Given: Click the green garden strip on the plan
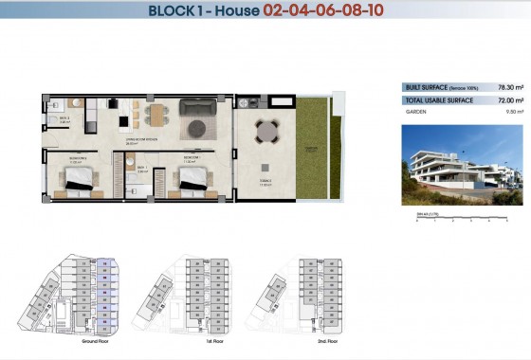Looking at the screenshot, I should [x=310, y=146].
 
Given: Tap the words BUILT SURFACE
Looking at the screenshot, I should [x=426, y=87].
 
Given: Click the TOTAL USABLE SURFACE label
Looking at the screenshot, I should [x=438, y=99].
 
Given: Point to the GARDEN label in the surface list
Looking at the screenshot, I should [x=414, y=110].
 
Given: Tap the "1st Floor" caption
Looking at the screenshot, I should [x=212, y=339].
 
